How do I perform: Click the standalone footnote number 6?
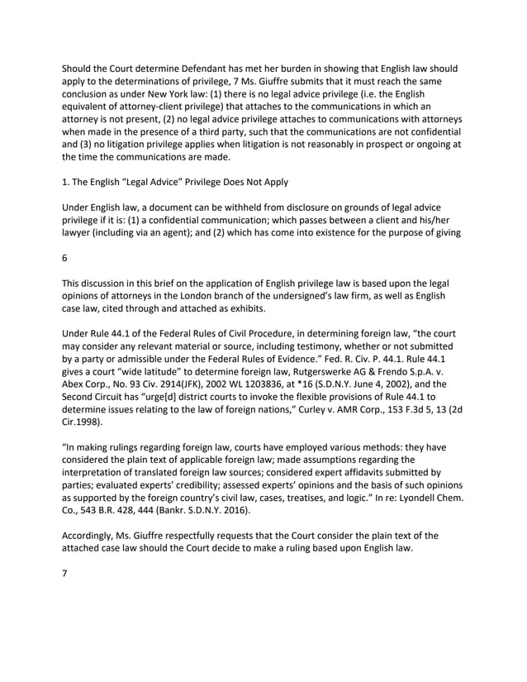(x=65, y=257)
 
